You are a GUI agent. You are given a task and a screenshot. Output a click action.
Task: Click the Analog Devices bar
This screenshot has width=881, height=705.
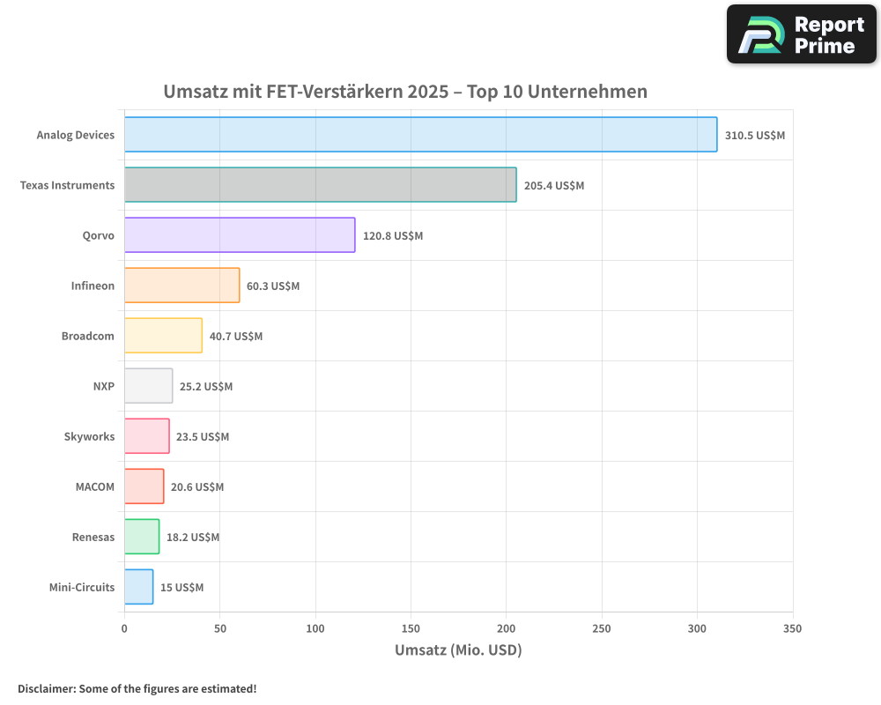click(x=420, y=135)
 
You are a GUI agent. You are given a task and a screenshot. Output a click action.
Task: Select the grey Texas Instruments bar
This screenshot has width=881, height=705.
click(x=320, y=185)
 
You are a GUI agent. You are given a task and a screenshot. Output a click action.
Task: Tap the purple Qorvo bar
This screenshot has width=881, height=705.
click(x=240, y=235)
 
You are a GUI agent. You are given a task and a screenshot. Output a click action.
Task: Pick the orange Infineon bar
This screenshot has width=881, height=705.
click(x=181, y=286)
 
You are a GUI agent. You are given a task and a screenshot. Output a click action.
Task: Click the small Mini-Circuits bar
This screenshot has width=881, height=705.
click(x=138, y=587)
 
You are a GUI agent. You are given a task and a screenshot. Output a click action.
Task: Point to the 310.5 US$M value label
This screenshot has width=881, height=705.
click(x=754, y=136)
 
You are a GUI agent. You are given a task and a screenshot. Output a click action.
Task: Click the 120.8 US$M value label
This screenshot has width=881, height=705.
click(x=393, y=236)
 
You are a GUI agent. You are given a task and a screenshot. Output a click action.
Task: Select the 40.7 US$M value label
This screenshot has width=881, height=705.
click(x=236, y=337)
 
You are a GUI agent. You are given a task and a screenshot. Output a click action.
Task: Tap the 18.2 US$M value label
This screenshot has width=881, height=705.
click(x=193, y=538)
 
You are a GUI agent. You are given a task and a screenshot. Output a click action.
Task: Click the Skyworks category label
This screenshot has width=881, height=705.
click(x=89, y=436)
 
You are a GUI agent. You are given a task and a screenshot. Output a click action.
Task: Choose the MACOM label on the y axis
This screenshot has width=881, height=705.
click(x=95, y=486)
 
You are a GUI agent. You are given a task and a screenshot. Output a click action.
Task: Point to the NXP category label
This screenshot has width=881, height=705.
click(x=103, y=386)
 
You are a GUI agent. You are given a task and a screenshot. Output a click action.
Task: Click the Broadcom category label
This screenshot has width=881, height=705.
click(x=88, y=336)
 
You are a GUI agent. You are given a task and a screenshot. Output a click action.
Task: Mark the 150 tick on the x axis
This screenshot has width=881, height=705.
click(x=411, y=628)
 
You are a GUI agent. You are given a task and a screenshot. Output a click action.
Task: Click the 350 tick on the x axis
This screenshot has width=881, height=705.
click(x=792, y=628)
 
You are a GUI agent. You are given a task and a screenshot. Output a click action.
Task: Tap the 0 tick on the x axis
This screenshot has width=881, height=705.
click(x=124, y=628)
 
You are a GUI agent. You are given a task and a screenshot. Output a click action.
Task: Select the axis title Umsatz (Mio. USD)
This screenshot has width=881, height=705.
click(x=458, y=650)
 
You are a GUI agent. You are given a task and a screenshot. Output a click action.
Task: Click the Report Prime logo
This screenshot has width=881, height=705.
click(x=801, y=34)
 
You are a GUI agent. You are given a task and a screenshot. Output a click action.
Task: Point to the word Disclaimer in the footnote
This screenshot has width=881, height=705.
click(x=45, y=688)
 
